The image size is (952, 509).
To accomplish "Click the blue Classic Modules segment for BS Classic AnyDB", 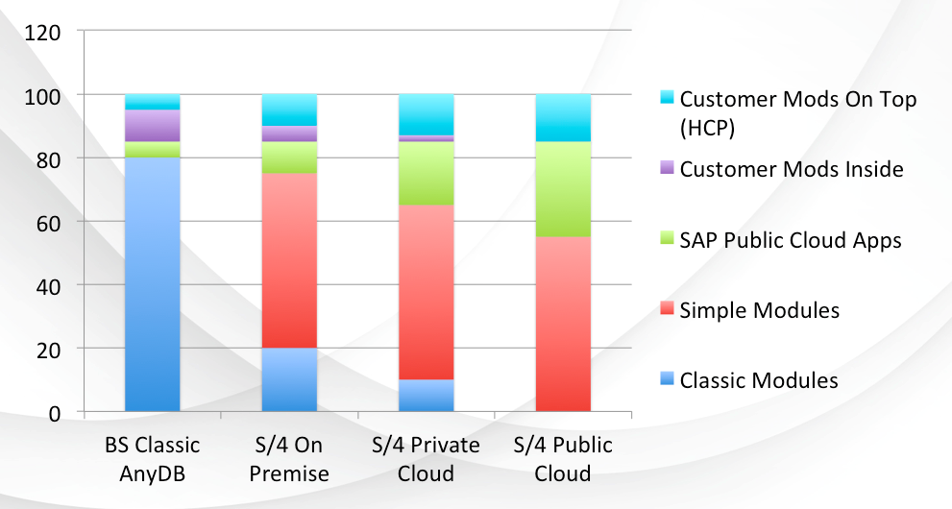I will [x=153, y=284].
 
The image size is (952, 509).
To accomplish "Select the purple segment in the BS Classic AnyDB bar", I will [x=153, y=126].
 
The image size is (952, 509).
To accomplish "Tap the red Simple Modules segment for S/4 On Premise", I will [x=290, y=260].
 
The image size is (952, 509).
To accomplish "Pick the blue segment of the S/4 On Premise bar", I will [x=290, y=380].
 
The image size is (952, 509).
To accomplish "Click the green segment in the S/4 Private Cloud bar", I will [x=427, y=174].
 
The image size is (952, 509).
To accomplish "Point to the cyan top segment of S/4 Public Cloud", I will [x=563, y=117].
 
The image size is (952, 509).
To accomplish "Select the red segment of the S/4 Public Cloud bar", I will [x=563, y=325].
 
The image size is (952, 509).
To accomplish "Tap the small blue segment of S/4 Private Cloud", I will [x=427, y=396].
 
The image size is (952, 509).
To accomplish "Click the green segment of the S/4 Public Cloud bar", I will [x=563, y=189].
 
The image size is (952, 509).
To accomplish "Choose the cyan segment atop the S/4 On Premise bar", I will [x=290, y=109].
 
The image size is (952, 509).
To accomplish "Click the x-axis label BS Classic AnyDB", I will [x=152, y=459].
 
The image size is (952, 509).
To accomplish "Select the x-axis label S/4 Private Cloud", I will [x=426, y=459].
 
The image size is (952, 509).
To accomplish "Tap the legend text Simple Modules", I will [x=759, y=310].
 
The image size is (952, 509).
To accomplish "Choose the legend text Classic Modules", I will [x=758, y=380].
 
